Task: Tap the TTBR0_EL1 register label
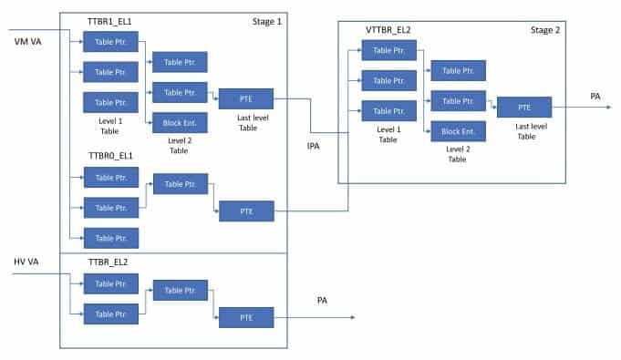click(112, 157)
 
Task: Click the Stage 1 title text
click(266, 20)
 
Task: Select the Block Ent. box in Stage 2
click(458, 130)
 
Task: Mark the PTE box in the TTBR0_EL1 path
click(246, 211)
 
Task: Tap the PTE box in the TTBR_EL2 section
click(246, 317)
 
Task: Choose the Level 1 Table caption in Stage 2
click(388, 135)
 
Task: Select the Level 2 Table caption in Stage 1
click(179, 145)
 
